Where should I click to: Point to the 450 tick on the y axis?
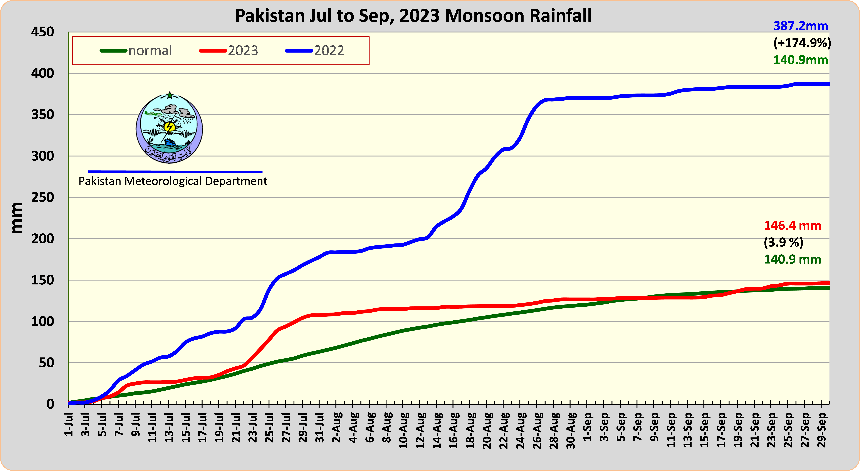click(42, 32)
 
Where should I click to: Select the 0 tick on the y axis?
click(50, 404)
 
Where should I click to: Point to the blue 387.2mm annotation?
click(801, 26)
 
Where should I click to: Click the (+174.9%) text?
click(802, 43)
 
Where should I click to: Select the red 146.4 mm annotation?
click(792, 226)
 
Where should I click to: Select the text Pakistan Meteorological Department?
click(173, 181)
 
